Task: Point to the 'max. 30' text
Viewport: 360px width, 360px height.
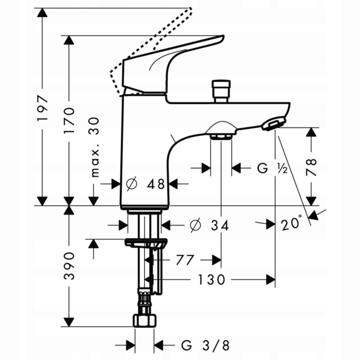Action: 94,147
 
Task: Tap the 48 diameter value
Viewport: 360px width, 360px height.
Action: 156,184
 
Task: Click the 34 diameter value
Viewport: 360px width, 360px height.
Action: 218,225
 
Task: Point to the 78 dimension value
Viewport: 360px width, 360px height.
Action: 311,167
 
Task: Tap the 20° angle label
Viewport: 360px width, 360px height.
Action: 292,222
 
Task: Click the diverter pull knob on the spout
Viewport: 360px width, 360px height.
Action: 220,90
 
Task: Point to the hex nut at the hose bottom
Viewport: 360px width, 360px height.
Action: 144,320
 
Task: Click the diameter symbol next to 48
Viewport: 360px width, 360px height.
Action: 131,184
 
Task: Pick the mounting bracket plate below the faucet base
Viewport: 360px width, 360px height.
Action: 145,243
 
